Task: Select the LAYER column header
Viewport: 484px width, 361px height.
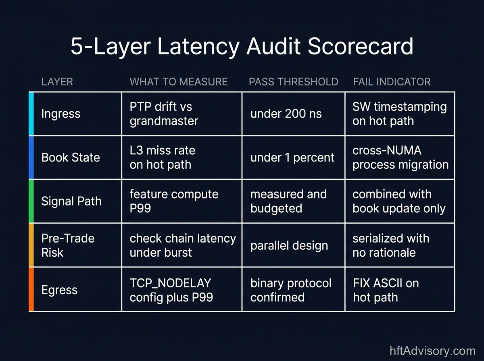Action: (57, 82)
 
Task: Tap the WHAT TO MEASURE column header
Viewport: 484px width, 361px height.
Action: (179, 82)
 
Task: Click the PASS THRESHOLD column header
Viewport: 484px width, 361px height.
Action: (293, 82)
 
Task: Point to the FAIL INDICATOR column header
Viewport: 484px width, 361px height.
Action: (392, 82)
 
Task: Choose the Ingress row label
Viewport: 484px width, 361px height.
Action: (60, 114)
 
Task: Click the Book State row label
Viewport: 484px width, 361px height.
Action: (70, 157)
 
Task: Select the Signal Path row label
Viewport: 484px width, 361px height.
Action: (71, 201)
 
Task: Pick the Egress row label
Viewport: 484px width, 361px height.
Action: (59, 290)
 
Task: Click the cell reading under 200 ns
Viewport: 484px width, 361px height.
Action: (286, 114)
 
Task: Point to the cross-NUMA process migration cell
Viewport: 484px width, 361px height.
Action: (400, 157)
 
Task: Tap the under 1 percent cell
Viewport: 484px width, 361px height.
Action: (292, 157)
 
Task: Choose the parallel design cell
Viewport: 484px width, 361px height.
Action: (289, 245)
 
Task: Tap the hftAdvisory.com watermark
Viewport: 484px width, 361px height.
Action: (432, 351)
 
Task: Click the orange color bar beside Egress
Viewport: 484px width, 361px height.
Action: (31, 289)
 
